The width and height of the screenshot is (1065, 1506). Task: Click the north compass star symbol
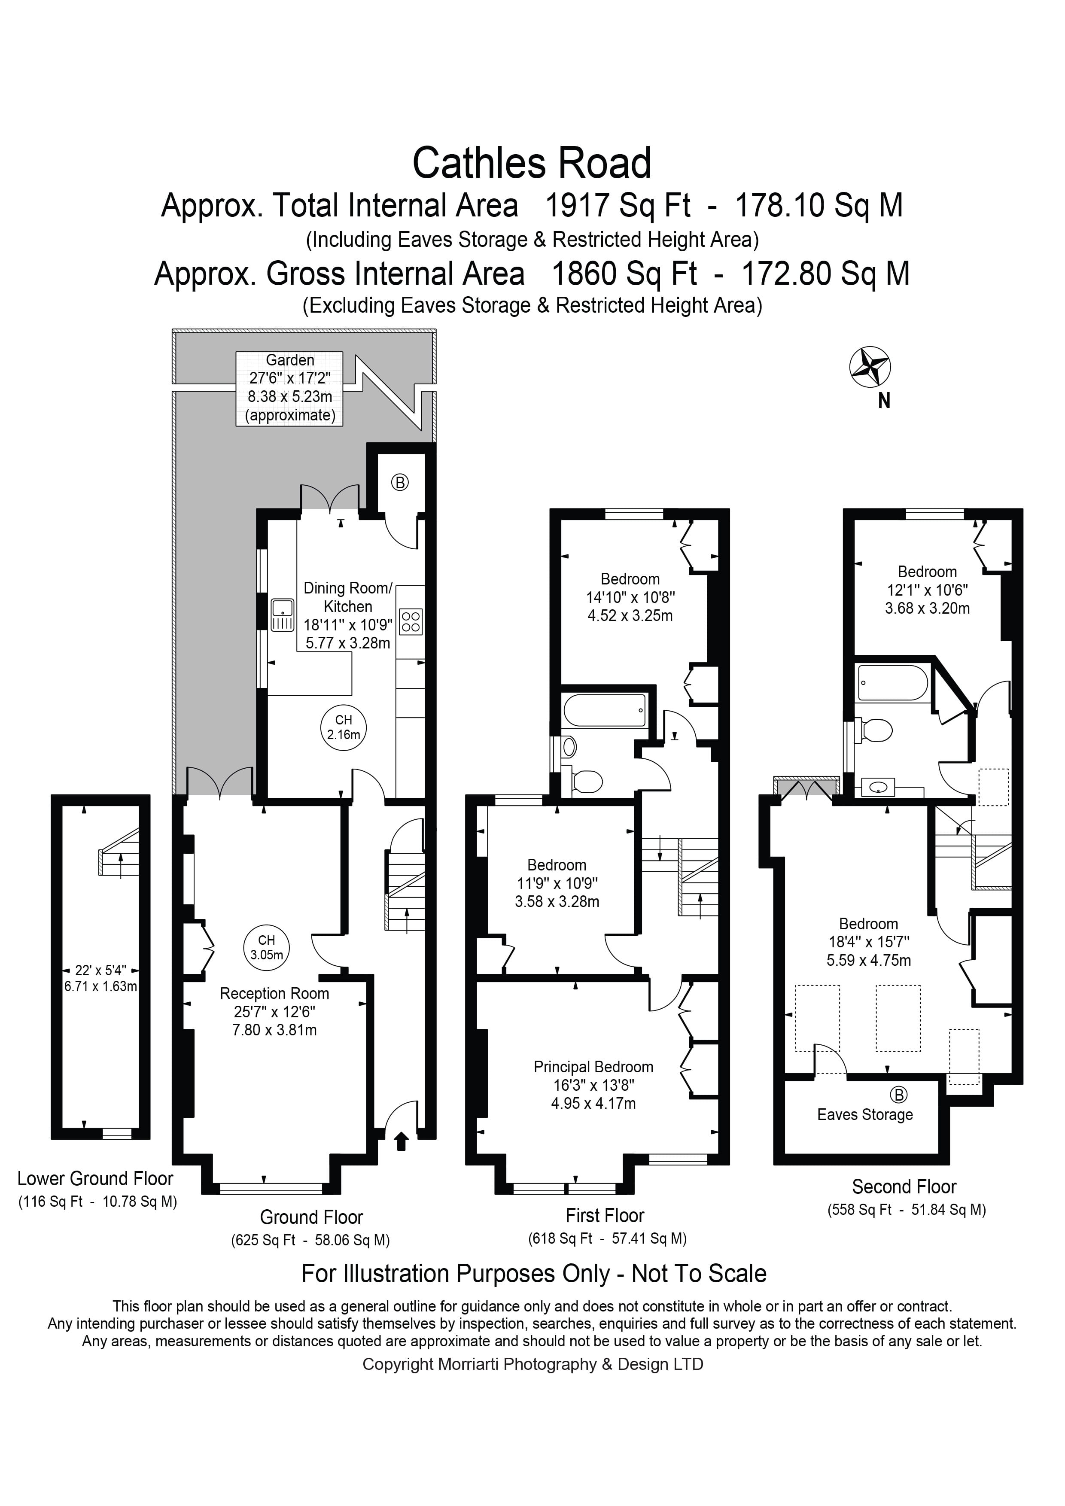[x=870, y=367]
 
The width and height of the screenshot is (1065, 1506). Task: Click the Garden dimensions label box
[x=290, y=388]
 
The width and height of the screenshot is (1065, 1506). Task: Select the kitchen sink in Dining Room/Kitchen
[x=283, y=615]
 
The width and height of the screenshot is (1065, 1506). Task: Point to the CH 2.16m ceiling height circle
[x=344, y=728]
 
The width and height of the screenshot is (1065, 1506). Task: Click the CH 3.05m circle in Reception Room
[x=266, y=948]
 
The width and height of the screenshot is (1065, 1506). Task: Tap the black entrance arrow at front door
[x=402, y=1141]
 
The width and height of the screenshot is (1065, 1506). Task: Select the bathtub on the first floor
[x=604, y=710]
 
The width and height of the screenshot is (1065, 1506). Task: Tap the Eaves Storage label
[x=864, y=1115]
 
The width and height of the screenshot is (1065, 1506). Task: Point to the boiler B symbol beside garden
[x=400, y=483]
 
